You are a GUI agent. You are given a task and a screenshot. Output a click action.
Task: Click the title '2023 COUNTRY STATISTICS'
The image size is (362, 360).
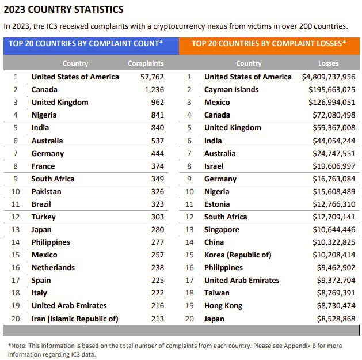[63, 10]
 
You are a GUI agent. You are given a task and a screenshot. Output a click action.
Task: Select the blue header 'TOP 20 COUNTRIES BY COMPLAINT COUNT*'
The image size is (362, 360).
[86, 43]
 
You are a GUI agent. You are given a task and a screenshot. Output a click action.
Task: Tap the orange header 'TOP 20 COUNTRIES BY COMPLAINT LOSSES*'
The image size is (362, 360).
[269, 43]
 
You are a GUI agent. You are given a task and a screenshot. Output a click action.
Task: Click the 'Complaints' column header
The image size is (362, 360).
[146, 63]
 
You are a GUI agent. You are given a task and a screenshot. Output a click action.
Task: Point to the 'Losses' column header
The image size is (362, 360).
[329, 63]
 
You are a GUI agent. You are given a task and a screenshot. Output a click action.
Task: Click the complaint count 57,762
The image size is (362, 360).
[152, 77]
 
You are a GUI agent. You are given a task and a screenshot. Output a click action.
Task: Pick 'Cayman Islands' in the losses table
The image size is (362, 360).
[231, 89]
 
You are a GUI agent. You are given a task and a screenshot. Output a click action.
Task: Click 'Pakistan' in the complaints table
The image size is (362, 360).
[46, 191]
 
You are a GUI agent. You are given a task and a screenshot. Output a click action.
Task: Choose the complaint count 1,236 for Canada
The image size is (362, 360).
[154, 89]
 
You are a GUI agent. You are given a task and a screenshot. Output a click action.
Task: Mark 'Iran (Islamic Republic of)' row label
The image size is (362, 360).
[75, 319]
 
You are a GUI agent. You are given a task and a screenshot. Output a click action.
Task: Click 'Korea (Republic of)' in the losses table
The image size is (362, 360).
[238, 255]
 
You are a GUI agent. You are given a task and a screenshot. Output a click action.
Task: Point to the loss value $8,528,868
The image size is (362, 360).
[336, 319]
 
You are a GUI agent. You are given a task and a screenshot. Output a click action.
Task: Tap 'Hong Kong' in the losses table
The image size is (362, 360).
[223, 306]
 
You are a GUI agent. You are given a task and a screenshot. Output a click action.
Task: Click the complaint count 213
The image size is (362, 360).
[158, 319]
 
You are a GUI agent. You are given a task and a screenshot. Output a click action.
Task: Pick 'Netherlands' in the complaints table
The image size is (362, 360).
[53, 267]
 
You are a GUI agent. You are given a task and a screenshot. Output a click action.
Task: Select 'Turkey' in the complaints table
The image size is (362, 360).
[44, 217]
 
